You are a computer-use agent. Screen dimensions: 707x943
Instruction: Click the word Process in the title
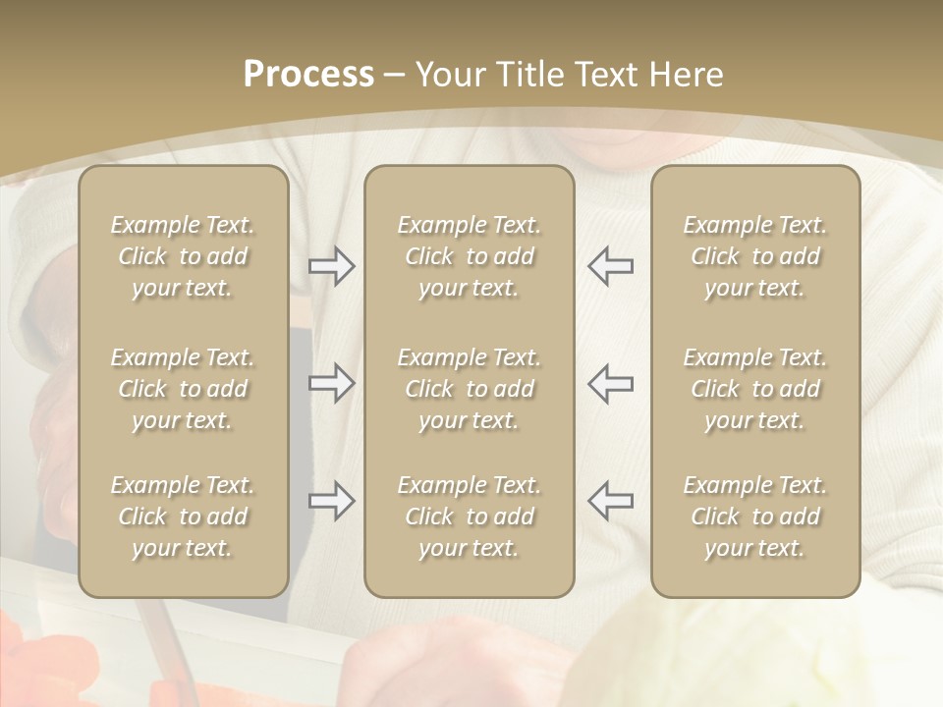[x=308, y=75]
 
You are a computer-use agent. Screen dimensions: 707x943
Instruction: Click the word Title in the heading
[x=529, y=75]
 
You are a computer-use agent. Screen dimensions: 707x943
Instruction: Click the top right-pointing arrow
[x=331, y=266]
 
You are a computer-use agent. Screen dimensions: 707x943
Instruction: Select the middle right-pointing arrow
[x=331, y=382]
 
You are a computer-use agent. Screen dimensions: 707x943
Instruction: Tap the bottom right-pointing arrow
[x=331, y=501]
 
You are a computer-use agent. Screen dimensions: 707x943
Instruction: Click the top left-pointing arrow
[x=610, y=266]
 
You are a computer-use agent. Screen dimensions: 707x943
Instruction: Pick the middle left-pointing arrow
[x=610, y=382]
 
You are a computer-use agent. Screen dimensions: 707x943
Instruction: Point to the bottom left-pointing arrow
[x=610, y=501]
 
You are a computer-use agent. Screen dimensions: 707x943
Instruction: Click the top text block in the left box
[x=183, y=256]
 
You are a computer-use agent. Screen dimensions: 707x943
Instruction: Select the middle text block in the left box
[x=183, y=389]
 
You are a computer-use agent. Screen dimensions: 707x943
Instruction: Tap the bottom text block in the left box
[x=183, y=517]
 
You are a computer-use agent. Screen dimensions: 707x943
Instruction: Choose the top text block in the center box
[x=469, y=256]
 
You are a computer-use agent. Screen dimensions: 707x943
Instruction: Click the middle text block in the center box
[x=469, y=389]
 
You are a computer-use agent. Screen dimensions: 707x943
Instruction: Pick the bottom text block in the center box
[x=469, y=517]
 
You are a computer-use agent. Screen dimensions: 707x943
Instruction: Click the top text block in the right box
[x=755, y=256]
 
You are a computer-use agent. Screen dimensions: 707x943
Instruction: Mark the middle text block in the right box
[x=755, y=389]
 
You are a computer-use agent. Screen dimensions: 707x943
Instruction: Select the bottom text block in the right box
[x=755, y=517]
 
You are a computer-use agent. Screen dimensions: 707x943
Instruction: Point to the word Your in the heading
[x=448, y=75]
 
